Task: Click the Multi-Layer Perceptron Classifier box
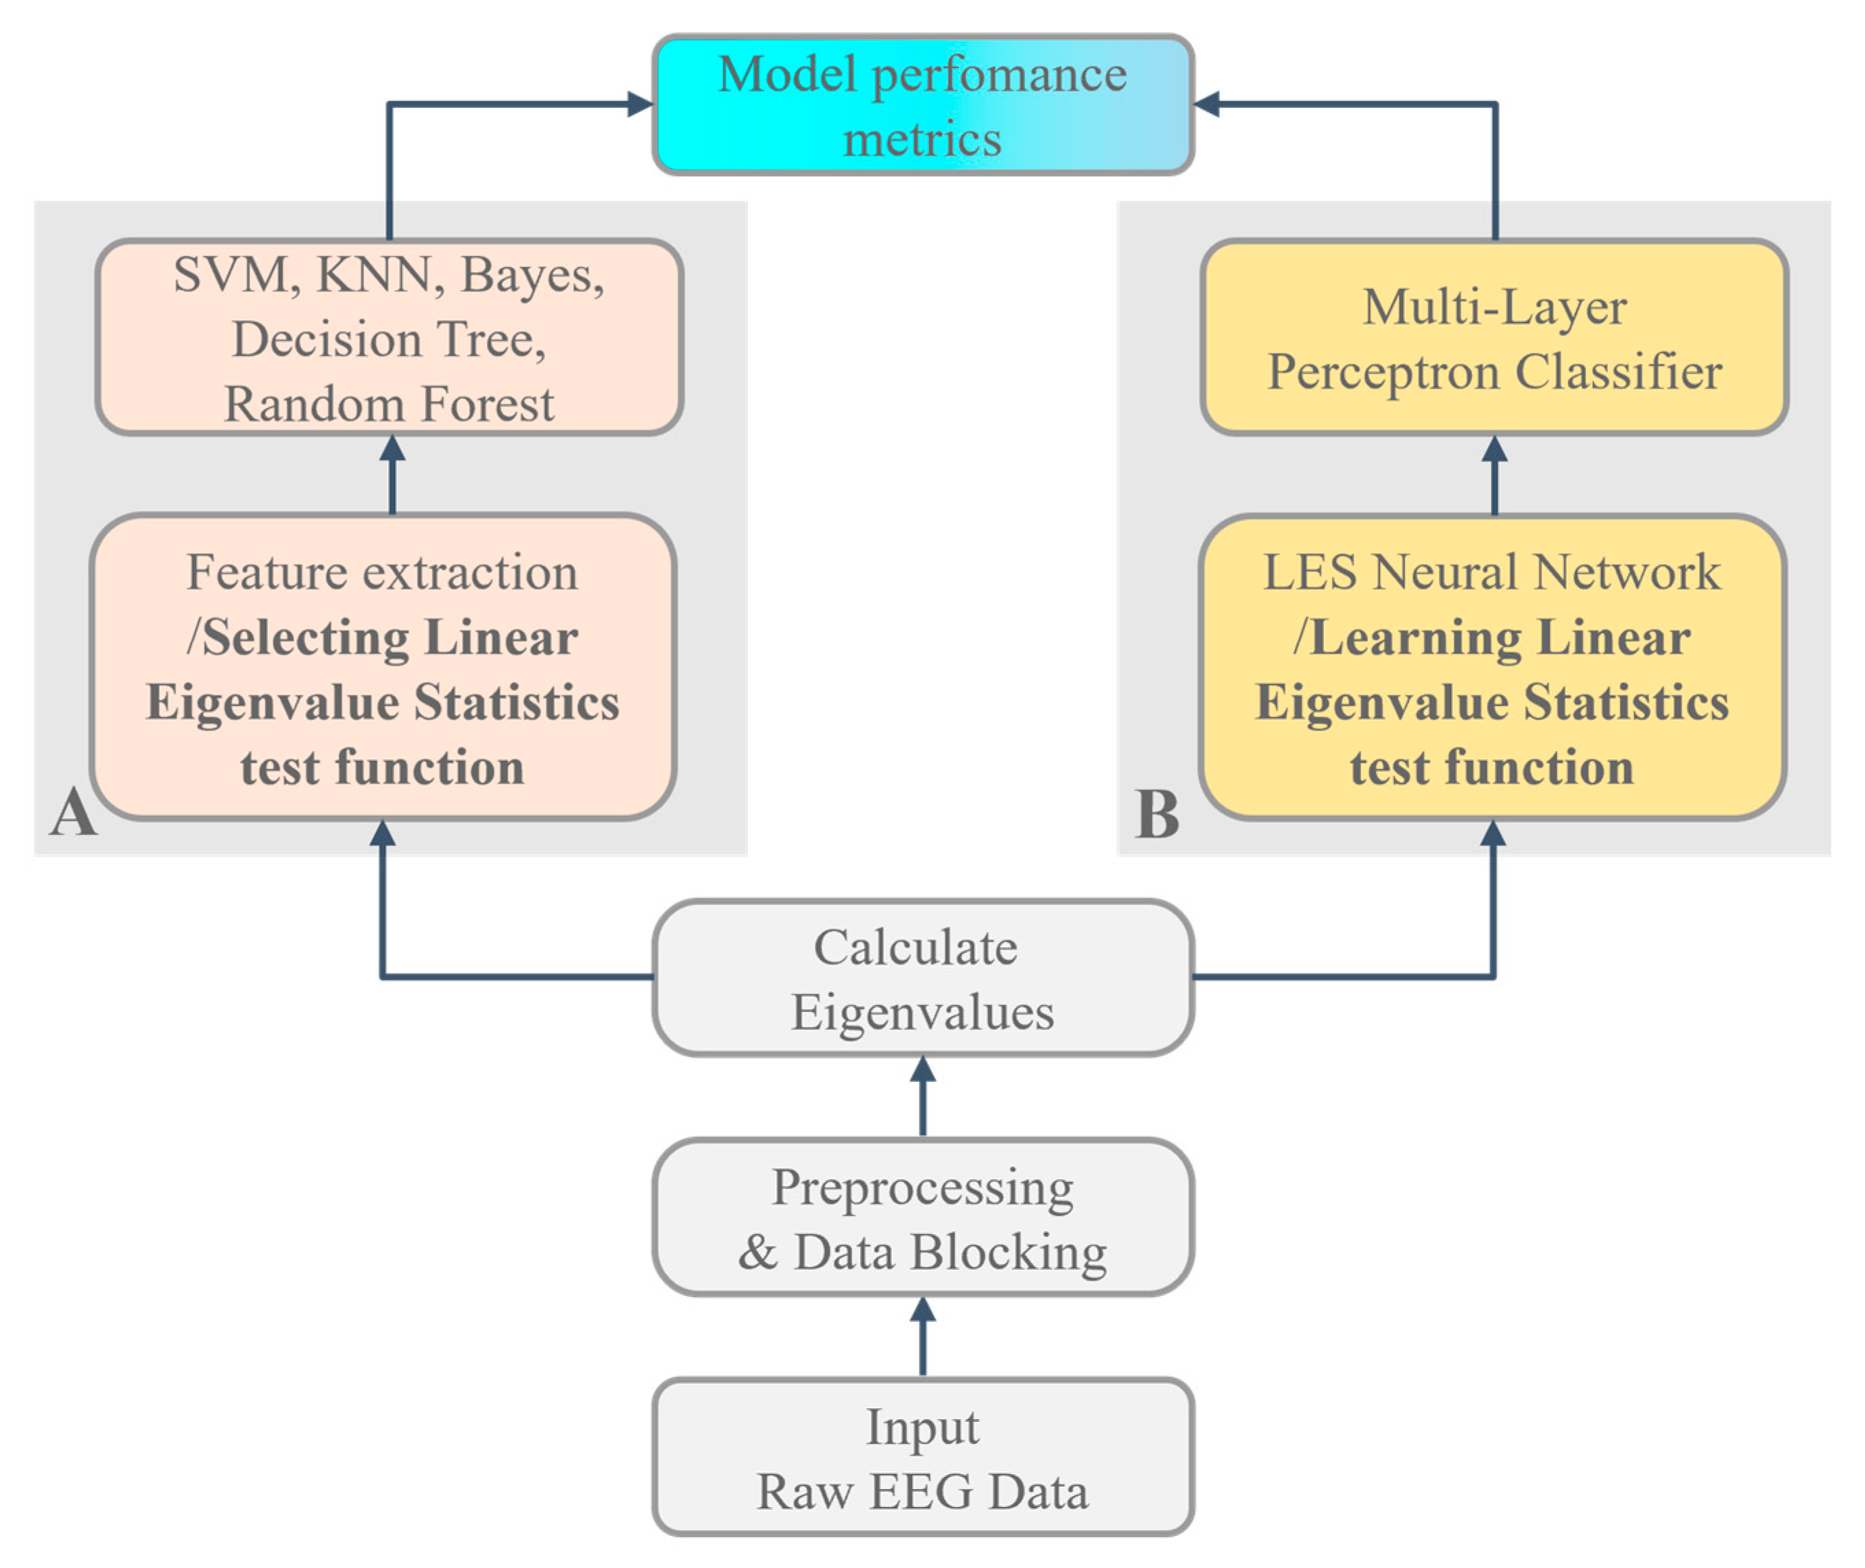click(1493, 338)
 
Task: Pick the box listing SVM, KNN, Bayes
click(389, 338)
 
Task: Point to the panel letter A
click(73, 812)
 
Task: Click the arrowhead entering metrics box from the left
click(638, 104)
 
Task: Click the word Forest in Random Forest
click(487, 405)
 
